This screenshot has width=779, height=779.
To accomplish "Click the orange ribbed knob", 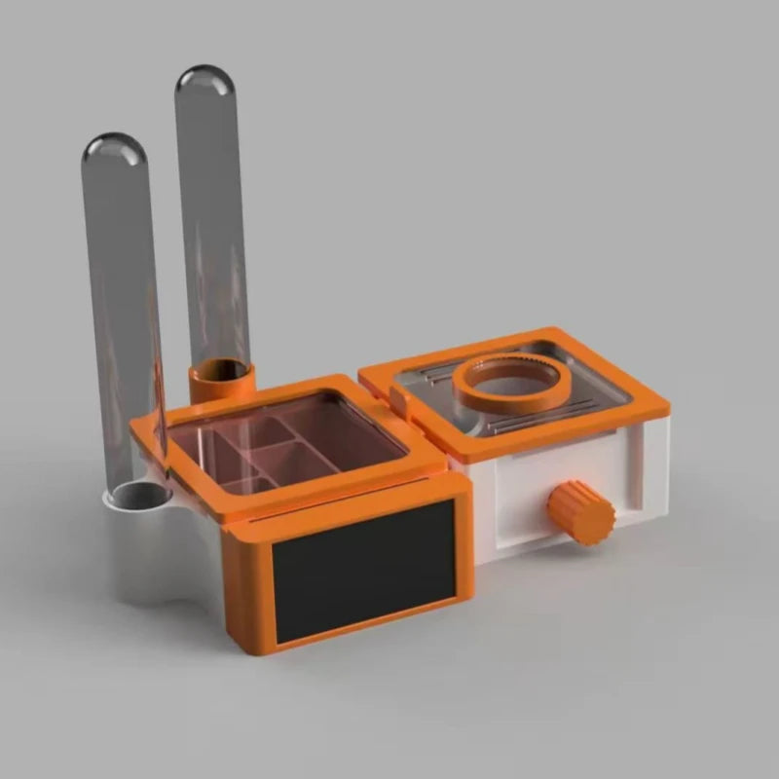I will [581, 512].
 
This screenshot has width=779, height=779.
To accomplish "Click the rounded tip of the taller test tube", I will [204, 80].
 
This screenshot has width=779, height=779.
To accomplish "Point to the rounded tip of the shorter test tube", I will [114, 148].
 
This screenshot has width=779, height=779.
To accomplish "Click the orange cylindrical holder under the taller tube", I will [222, 382].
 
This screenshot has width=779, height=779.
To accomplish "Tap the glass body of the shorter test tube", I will [122, 312].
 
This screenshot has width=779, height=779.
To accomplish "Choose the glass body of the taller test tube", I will [212, 224].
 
